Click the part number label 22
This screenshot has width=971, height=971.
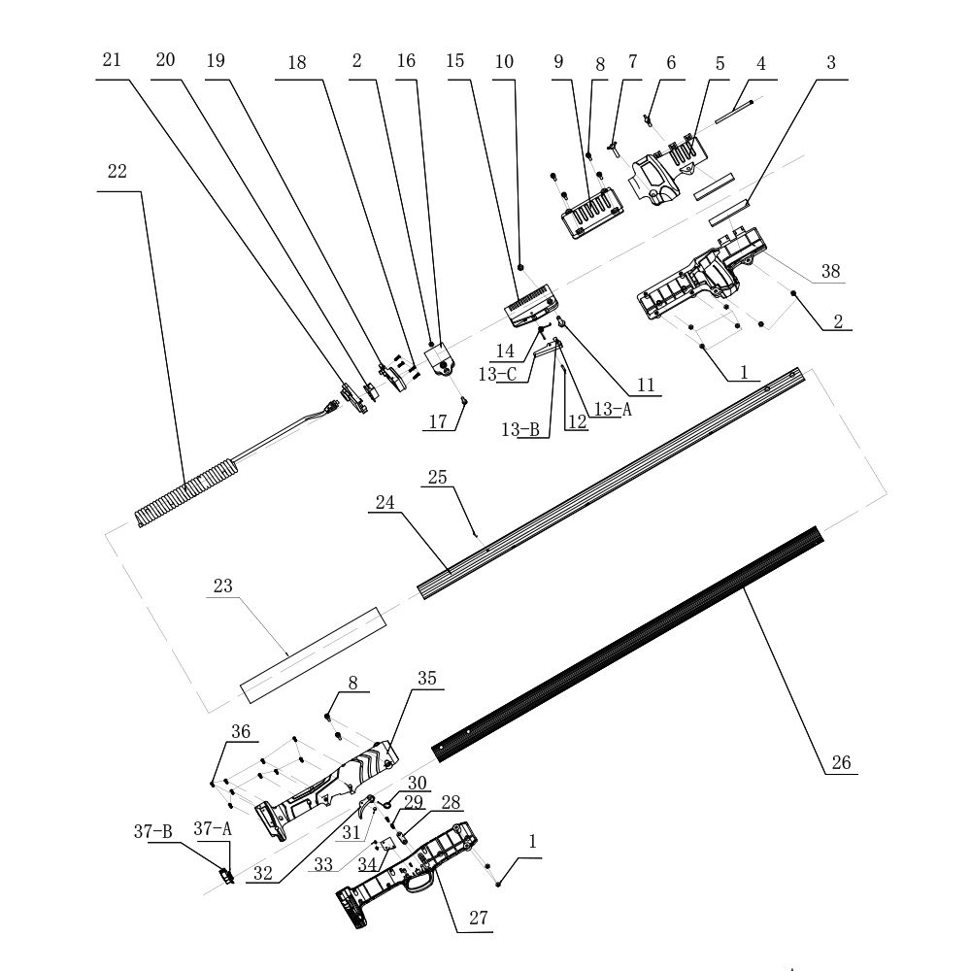click(117, 172)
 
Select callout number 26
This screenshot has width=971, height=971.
click(841, 763)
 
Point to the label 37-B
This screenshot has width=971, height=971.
click(152, 831)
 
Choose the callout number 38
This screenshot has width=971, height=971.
click(830, 273)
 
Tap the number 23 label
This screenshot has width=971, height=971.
click(223, 586)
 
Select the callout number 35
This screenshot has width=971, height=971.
click(427, 679)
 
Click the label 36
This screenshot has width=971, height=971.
click(240, 730)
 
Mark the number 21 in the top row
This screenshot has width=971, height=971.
click(113, 60)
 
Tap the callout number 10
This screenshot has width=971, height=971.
click(504, 60)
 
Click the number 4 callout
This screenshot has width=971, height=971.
click(761, 64)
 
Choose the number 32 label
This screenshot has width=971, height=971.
click(262, 872)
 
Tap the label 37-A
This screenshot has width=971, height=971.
click(213, 828)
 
